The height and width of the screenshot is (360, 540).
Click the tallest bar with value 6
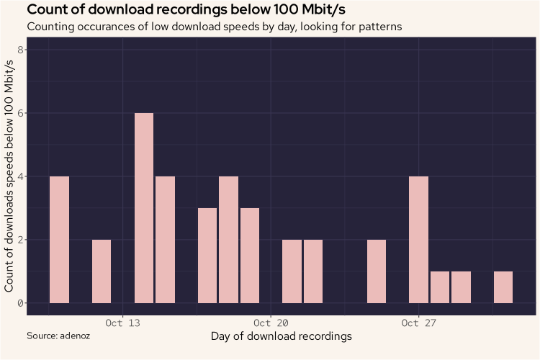click(x=144, y=208)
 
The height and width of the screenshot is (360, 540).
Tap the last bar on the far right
click(x=503, y=287)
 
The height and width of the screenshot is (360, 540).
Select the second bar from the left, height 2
click(x=102, y=271)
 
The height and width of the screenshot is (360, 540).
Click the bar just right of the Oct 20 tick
click(x=292, y=271)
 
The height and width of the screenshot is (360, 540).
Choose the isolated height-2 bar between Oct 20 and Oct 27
click(x=377, y=271)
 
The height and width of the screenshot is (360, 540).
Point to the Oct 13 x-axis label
click(x=122, y=323)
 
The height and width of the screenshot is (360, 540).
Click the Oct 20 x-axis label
click(x=271, y=323)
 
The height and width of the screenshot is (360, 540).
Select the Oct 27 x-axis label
click(x=418, y=323)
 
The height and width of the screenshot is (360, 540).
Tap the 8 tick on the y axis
click(x=22, y=50)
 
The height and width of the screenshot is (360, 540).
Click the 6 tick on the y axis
click(x=22, y=113)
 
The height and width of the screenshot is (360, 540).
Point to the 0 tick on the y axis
click(x=22, y=303)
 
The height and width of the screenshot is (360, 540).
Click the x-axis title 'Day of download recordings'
click(x=281, y=336)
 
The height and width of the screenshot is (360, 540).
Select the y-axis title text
click(x=10, y=176)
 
